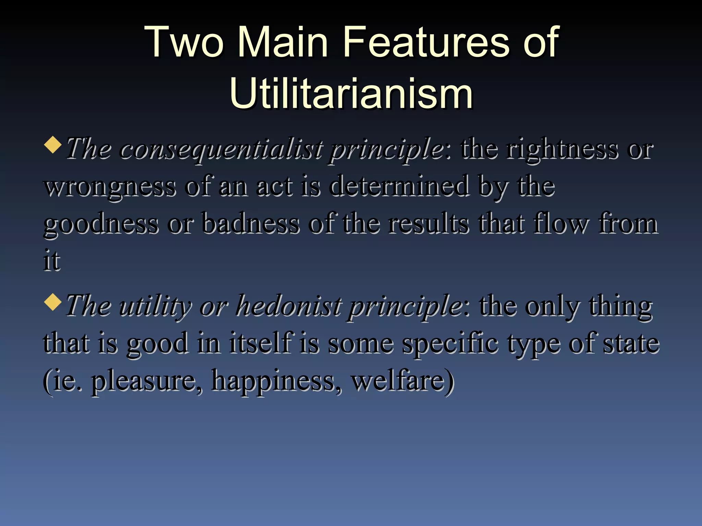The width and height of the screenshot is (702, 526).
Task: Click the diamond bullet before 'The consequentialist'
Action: click(x=53, y=145)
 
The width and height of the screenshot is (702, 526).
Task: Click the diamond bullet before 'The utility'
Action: click(x=53, y=302)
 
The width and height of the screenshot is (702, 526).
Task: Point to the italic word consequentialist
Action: click(x=221, y=149)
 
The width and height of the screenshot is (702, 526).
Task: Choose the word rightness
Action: click(x=562, y=149)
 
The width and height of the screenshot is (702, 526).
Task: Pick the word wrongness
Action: click(x=110, y=187)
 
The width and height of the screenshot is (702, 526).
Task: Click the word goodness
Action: click(x=101, y=225)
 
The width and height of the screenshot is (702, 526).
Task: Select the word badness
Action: click(x=250, y=224)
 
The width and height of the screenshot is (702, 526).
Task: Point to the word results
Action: click(x=428, y=224)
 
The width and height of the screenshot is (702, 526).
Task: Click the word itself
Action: click(x=261, y=343)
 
